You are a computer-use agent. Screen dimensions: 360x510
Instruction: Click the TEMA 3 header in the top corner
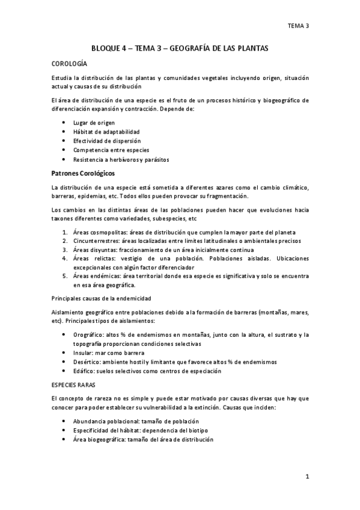pos(298,26)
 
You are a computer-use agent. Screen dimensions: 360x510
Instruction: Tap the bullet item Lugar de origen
pos(94,123)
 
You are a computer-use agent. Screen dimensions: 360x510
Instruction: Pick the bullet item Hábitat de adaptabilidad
pos(106,132)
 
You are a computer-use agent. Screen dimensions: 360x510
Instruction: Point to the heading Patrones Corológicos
pos(88,174)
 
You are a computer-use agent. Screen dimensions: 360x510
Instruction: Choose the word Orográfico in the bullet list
pos(88,334)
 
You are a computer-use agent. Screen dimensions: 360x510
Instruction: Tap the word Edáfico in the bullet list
pos(84,371)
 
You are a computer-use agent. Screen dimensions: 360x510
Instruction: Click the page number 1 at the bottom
pos(307,478)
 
